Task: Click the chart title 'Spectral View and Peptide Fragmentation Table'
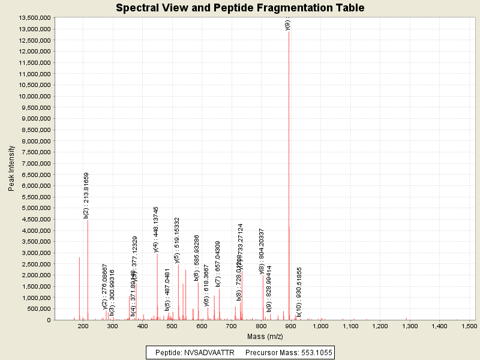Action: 240,8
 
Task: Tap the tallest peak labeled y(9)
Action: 289,120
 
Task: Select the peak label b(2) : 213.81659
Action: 86,195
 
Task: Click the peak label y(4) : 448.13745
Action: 156,229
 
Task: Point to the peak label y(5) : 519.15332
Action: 177,240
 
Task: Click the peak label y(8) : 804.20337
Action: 262,251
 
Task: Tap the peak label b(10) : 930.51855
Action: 299,292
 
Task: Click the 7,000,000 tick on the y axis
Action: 35,163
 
